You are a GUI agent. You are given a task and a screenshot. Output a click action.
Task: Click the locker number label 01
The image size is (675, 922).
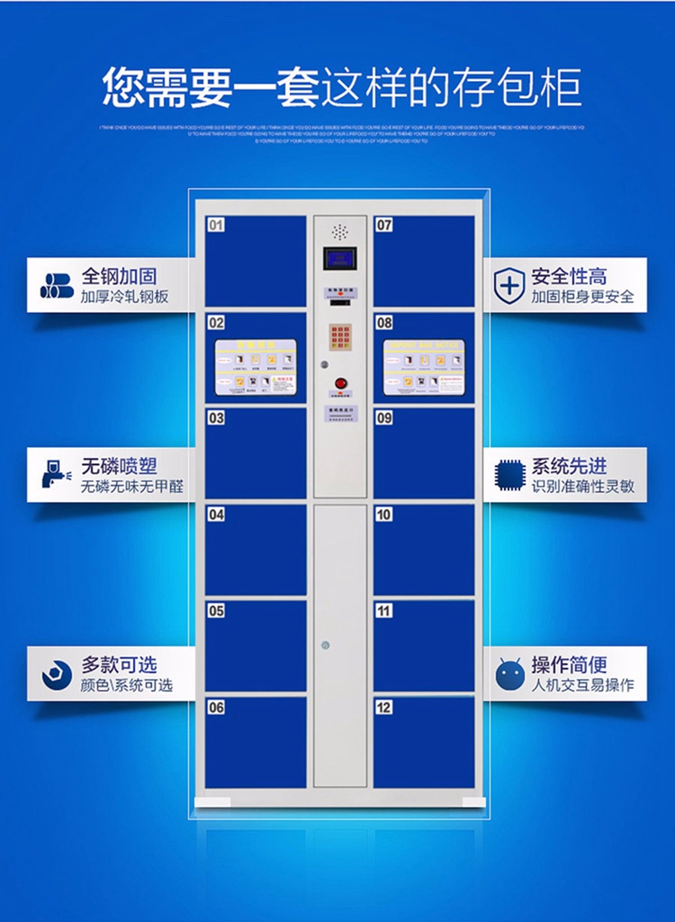(216, 225)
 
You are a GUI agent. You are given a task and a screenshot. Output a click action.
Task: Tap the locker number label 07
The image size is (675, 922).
(384, 225)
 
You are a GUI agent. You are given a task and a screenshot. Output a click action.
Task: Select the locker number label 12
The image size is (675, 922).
(384, 707)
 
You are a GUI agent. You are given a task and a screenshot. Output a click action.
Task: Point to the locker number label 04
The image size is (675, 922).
(216, 515)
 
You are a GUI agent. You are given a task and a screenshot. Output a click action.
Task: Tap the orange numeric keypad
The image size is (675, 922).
(340, 341)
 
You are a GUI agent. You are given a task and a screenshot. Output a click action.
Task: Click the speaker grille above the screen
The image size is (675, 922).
(340, 231)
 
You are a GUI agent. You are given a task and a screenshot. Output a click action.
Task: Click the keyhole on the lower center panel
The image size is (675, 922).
(325, 645)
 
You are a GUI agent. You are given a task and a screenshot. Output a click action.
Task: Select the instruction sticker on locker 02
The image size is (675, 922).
(256, 367)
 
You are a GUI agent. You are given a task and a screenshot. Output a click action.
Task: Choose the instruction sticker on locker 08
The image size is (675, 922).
(424, 367)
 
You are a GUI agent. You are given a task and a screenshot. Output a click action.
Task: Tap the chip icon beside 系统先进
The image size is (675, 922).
(509, 476)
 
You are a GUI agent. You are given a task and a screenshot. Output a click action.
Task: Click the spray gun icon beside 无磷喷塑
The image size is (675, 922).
(55, 474)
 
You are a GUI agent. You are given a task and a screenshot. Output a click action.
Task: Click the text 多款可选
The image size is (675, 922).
(119, 665)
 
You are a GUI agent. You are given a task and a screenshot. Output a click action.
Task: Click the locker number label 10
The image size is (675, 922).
(384, 515)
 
